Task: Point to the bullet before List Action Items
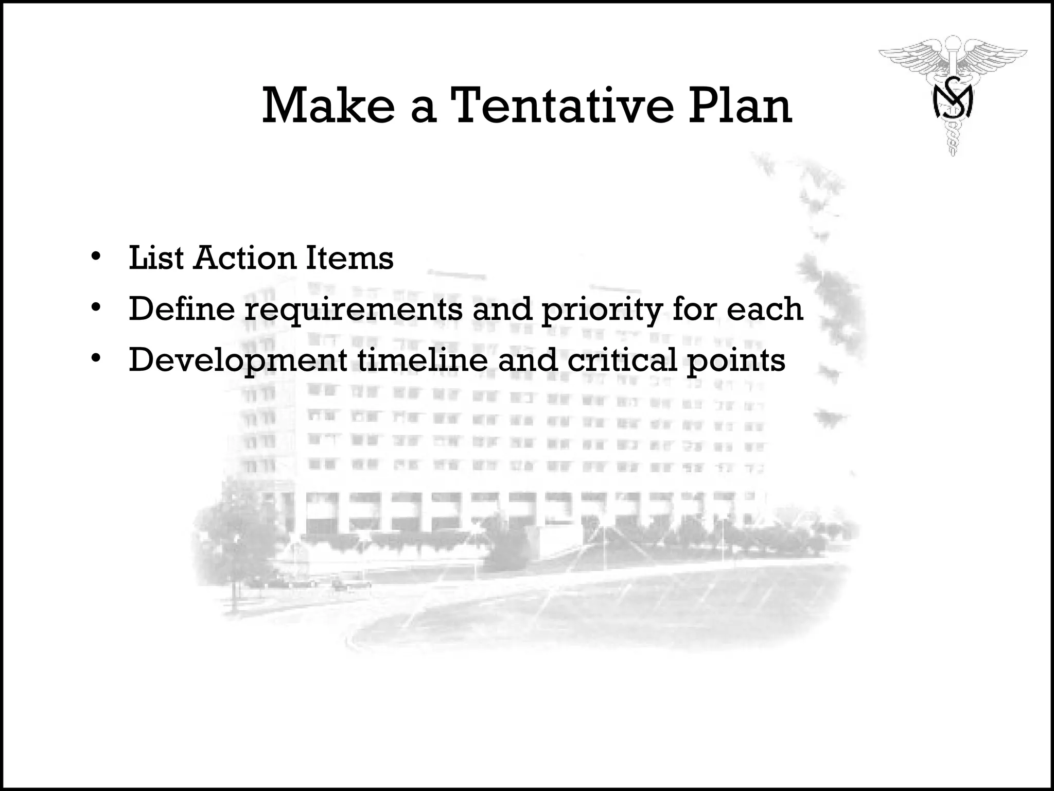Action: (x=95, y=256)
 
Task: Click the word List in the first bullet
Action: (x=156, y=257)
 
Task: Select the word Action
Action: (x=245, y=257)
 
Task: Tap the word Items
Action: (x=349, y=257)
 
